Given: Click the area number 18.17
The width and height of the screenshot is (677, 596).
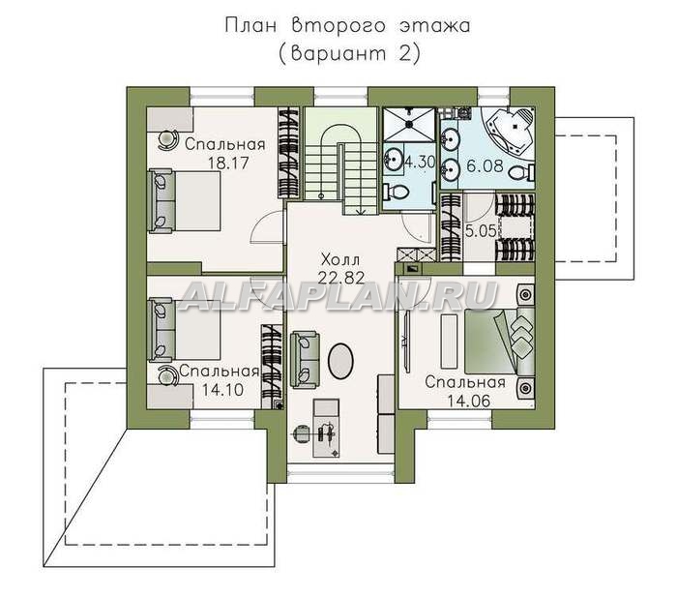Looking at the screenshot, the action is (228, 164).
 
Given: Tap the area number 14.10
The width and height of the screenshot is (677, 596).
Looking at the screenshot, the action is (222, 390).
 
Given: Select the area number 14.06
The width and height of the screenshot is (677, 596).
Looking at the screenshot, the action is (468, 402).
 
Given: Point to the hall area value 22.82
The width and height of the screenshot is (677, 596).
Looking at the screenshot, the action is (341, 278).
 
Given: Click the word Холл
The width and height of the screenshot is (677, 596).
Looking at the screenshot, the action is (340, 260).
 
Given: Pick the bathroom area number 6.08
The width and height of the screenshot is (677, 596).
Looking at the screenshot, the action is (485, 165).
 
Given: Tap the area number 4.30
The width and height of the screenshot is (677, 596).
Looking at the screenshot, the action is (419, 162).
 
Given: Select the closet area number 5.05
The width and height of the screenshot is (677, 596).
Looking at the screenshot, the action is (481, 231).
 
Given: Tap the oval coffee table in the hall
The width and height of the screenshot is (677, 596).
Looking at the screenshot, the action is (341, 361).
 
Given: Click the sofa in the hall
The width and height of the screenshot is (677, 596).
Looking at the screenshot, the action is (305, 359).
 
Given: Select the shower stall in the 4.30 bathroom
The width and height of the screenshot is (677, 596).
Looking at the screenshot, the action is (409, 125).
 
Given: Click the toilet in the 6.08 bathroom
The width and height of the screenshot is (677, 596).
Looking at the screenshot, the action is (521, 174).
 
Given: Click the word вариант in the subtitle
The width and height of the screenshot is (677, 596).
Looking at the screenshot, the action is (339, 54).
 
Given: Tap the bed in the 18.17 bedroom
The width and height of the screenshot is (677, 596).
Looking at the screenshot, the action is (185, 201).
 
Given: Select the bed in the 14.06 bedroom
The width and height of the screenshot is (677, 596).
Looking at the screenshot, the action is (500, 342).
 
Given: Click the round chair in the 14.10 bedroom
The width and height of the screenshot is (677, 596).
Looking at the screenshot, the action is (167, 374).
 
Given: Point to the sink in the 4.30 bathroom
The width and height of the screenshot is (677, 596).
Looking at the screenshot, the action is (393, 159).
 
